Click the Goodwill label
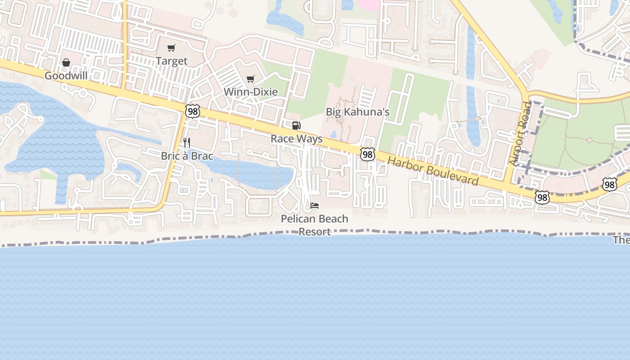[x=66, y=76]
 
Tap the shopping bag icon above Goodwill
[x=66, y=63]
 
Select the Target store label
[x=171, y=61]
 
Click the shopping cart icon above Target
[x=171, y=48]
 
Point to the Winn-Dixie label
[x=251, y=92]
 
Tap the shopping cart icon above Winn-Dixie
[x=251, y=79]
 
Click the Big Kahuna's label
[x=357, y=112]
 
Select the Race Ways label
[x=297, y=139]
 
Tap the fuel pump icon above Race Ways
[x=296, y=126]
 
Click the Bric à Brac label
[x=187, y=156]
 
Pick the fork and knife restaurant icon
[x=187, y=143]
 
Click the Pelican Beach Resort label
[x=315, y=225]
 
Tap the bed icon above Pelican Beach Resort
[x=315, y=206]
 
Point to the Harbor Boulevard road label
[x=432, y=171]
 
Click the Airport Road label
[x=521, y=134]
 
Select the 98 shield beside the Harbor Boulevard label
[x=368, y=154]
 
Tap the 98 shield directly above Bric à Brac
[x=192, y=111]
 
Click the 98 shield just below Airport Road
[x=542, y=197]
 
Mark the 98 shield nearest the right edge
[x=609, y=184]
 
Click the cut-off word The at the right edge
[x=621, y=240]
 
